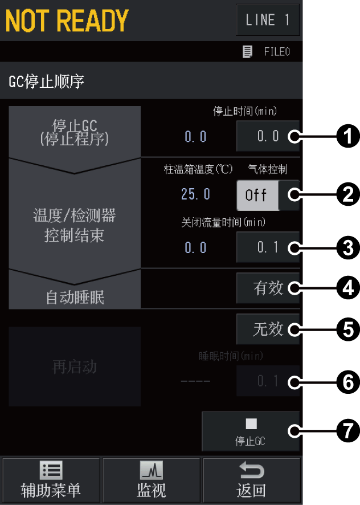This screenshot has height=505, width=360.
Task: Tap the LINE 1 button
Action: [x=268, y=21]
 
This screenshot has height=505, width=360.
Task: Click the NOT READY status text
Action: [x=67, y=21]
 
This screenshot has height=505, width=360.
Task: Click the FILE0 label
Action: [x=276, y=52]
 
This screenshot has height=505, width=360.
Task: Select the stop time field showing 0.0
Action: [x=267, y=136]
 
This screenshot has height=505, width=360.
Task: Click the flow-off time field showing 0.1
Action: [x=267, y=248]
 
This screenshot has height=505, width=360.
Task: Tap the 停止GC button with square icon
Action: [x=251, y=431]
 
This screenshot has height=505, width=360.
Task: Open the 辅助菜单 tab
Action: [x=51, y=480]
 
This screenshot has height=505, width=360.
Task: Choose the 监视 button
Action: [x=151, y=480]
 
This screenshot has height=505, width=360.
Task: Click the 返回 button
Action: [x=251, y=480]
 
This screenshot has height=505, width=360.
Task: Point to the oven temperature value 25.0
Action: [x=195, y=194]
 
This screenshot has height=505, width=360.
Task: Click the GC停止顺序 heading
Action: [x=47, y=82]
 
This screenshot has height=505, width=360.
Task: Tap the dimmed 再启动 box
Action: [x=75, y=366]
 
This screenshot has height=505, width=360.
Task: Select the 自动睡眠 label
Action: [x=75, y=297]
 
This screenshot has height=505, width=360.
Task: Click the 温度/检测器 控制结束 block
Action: [x=75, y=225]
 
